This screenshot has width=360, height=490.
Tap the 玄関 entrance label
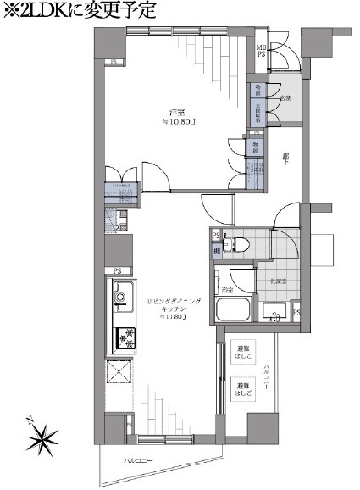click(286, 98)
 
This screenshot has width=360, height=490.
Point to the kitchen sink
click(121, 297)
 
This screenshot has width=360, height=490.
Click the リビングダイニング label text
click(172, 301)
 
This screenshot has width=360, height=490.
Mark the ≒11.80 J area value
click(171, 319)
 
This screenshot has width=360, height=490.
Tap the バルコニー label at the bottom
click(139, 460)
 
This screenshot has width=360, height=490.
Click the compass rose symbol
click(40, 438)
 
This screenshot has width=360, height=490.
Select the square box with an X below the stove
click(120, 373)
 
